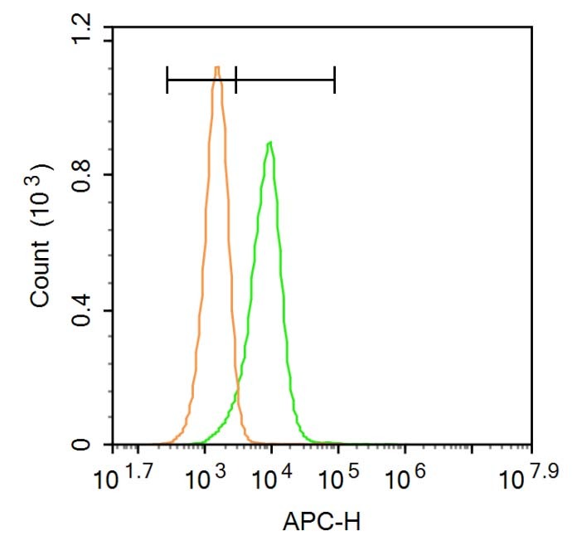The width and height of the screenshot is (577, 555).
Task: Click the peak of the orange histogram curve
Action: click(217, 68)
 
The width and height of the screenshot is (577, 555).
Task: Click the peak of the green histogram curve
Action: click(270, 144)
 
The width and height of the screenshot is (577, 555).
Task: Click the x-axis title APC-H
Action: click(322, 523)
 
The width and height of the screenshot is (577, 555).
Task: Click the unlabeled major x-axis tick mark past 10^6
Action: click(473, 445)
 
